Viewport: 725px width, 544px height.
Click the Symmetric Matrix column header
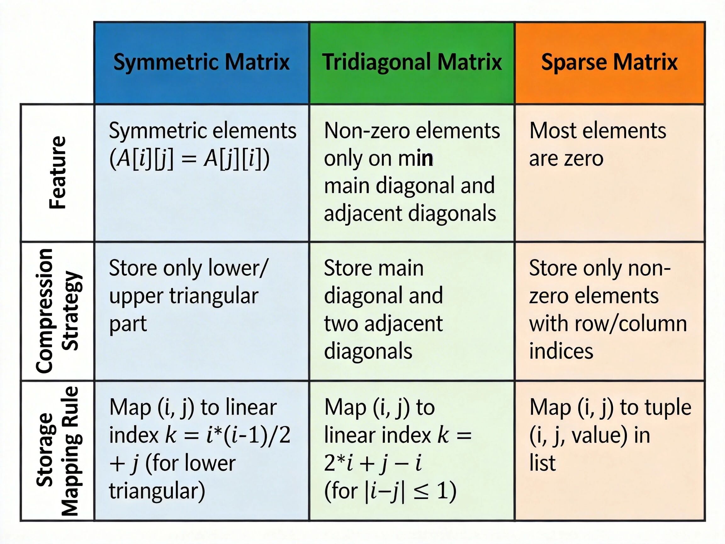pyautogui.click(x=201, y=62)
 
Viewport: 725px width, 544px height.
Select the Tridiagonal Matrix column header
pyautogui.click(x=412, y=62)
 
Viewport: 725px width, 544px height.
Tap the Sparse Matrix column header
pyautogui.click(x=609, y=62)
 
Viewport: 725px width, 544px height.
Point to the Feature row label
pyautogui.click(x=58, y=173)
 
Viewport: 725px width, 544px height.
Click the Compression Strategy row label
pyautogui.click(x=58, y=310)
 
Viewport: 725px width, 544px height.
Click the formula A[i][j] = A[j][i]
pyautogui.click(x=189, y=159)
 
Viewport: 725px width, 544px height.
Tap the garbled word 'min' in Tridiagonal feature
pyautogui.click(x=416, y=159)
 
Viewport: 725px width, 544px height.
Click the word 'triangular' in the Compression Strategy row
pyautogui.click(x=214, y=296)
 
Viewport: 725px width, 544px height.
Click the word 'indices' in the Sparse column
pyautogui.click(x=561, y=351)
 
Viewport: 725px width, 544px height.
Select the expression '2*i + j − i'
pyautogui.click(x=373, y=463)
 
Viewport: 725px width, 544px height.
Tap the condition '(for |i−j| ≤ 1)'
pyautogui.click(x=390, y=491)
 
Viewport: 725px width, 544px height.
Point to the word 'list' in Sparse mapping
pyautogui.click(x=542, y=463)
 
